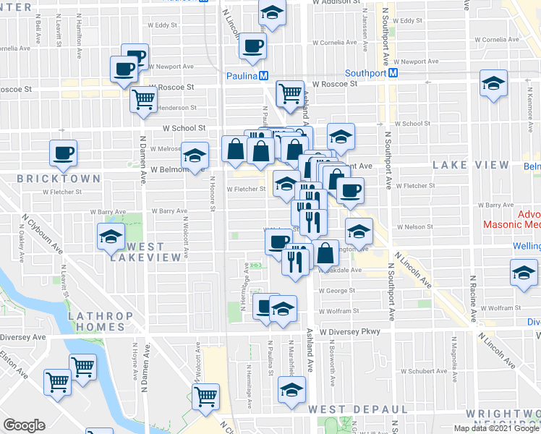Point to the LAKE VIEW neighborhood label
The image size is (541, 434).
pos(471,165)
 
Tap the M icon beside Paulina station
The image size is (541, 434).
pos(265,75)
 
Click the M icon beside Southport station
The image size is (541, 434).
pos(393,73)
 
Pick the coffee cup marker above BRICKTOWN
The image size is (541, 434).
pos(63,152)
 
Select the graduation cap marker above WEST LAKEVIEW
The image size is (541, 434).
pos(111,236)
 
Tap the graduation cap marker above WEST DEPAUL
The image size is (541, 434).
pos(291,390)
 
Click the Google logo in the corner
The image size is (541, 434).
pos(24,426)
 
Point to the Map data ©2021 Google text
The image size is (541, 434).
pos(497,428)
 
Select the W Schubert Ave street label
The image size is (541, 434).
pos(427,371)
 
